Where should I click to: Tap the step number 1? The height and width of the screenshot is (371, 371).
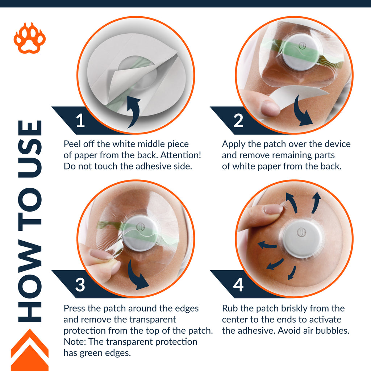coord(80,121)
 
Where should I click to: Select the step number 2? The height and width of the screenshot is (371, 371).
coord(238,121)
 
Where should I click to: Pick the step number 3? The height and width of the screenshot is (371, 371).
coord(80,285)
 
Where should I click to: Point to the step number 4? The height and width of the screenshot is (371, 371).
coord(238,285)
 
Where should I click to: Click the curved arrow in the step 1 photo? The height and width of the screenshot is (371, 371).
coord(135,111)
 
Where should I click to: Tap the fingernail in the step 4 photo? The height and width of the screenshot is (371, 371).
coord(273,209)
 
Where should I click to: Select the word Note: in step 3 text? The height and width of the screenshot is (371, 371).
coord(75,342)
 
